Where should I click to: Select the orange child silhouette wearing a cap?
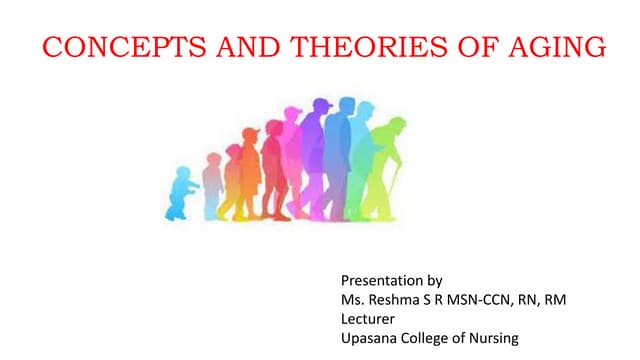(x=232, y=180)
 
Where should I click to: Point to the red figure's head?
(x=274, y=129)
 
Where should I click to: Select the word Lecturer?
(x=369, y=318)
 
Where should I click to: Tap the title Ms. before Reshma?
(x=353, y=299)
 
